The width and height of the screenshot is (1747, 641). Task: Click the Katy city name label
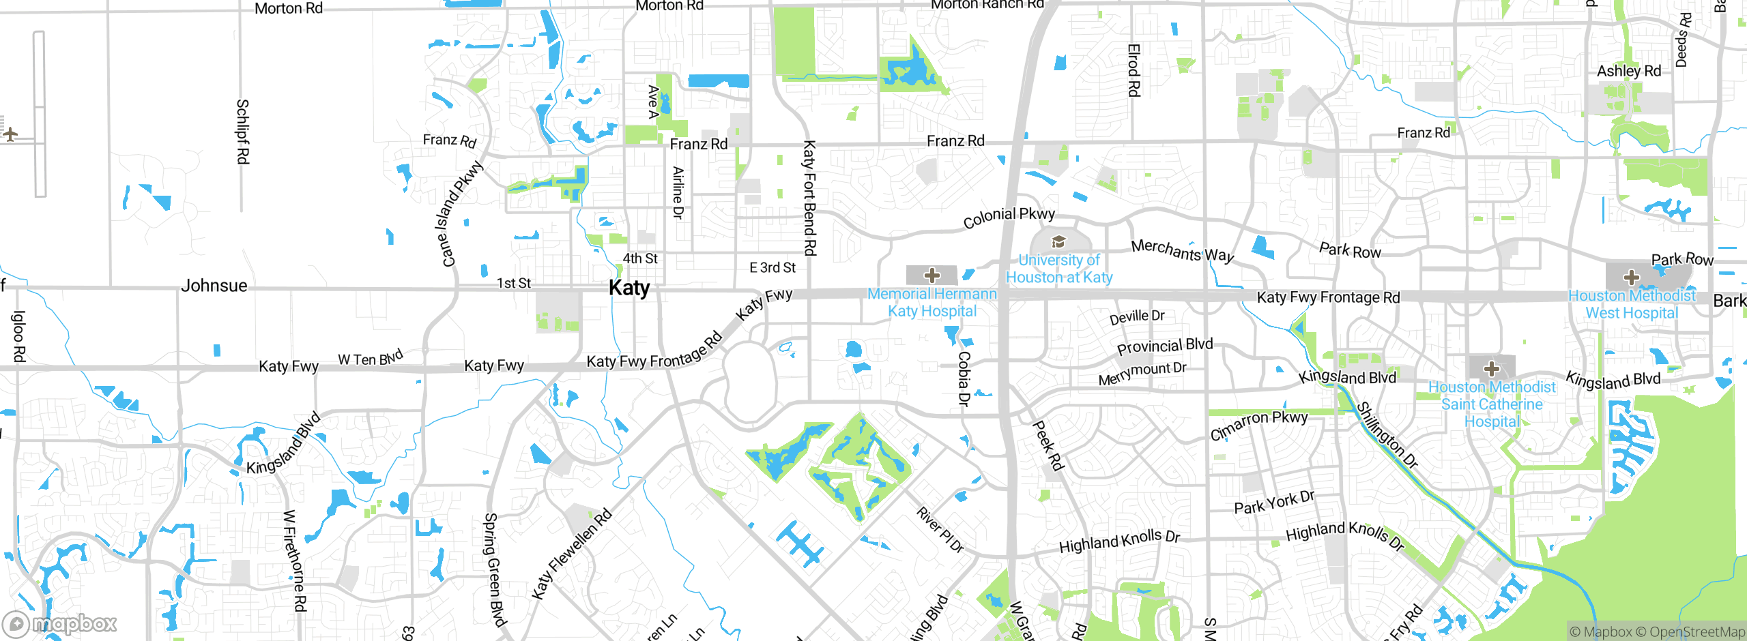point(629,288)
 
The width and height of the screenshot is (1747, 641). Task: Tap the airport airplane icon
point(10,134)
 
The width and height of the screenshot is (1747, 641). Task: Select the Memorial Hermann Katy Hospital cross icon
point(932,275)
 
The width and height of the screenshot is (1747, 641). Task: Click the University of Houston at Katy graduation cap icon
point(1058,241)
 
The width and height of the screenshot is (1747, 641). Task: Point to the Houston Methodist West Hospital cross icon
point(1631,278)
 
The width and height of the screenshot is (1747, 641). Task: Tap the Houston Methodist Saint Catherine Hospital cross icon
point(1491,369)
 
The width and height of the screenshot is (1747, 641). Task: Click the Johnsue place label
point(214,286)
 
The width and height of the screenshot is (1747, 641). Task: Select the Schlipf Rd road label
point(242,132)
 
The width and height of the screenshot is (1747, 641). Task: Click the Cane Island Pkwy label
point(458,213)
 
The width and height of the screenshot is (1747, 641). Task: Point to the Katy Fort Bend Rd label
point(809,198)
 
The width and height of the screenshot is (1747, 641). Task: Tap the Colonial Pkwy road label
point(1009,218)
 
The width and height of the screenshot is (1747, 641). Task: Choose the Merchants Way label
point(1182,250)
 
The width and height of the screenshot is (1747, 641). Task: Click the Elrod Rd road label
point(1134,70)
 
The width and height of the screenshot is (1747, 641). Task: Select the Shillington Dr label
point(1387,435)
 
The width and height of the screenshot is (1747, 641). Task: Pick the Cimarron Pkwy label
point(1258,425)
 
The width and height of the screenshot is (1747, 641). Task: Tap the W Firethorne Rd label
point(295,561)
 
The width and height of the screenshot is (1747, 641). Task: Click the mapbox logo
point(60,623)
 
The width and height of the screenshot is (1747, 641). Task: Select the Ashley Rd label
point(1628,71)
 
